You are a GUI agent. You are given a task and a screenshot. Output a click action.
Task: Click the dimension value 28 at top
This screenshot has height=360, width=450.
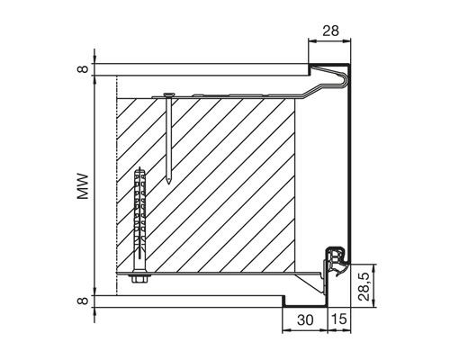(330, 31)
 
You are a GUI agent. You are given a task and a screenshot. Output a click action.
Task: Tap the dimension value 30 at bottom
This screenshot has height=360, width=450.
(305, 320)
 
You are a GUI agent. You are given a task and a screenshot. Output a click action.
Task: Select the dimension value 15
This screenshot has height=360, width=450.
(339, 319)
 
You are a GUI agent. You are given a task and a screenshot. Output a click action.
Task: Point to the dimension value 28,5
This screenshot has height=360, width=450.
(364, 287)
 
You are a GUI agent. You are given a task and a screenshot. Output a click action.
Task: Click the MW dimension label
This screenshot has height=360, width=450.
(83, 186)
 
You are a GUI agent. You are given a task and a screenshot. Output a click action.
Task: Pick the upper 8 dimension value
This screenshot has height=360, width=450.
(83, 69)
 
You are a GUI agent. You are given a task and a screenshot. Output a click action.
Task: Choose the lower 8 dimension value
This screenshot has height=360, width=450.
(83, 301)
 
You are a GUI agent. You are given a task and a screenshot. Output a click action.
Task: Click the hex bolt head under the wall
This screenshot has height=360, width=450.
(140, 279)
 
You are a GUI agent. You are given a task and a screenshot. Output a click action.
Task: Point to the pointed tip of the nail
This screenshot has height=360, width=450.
(169, 183)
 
